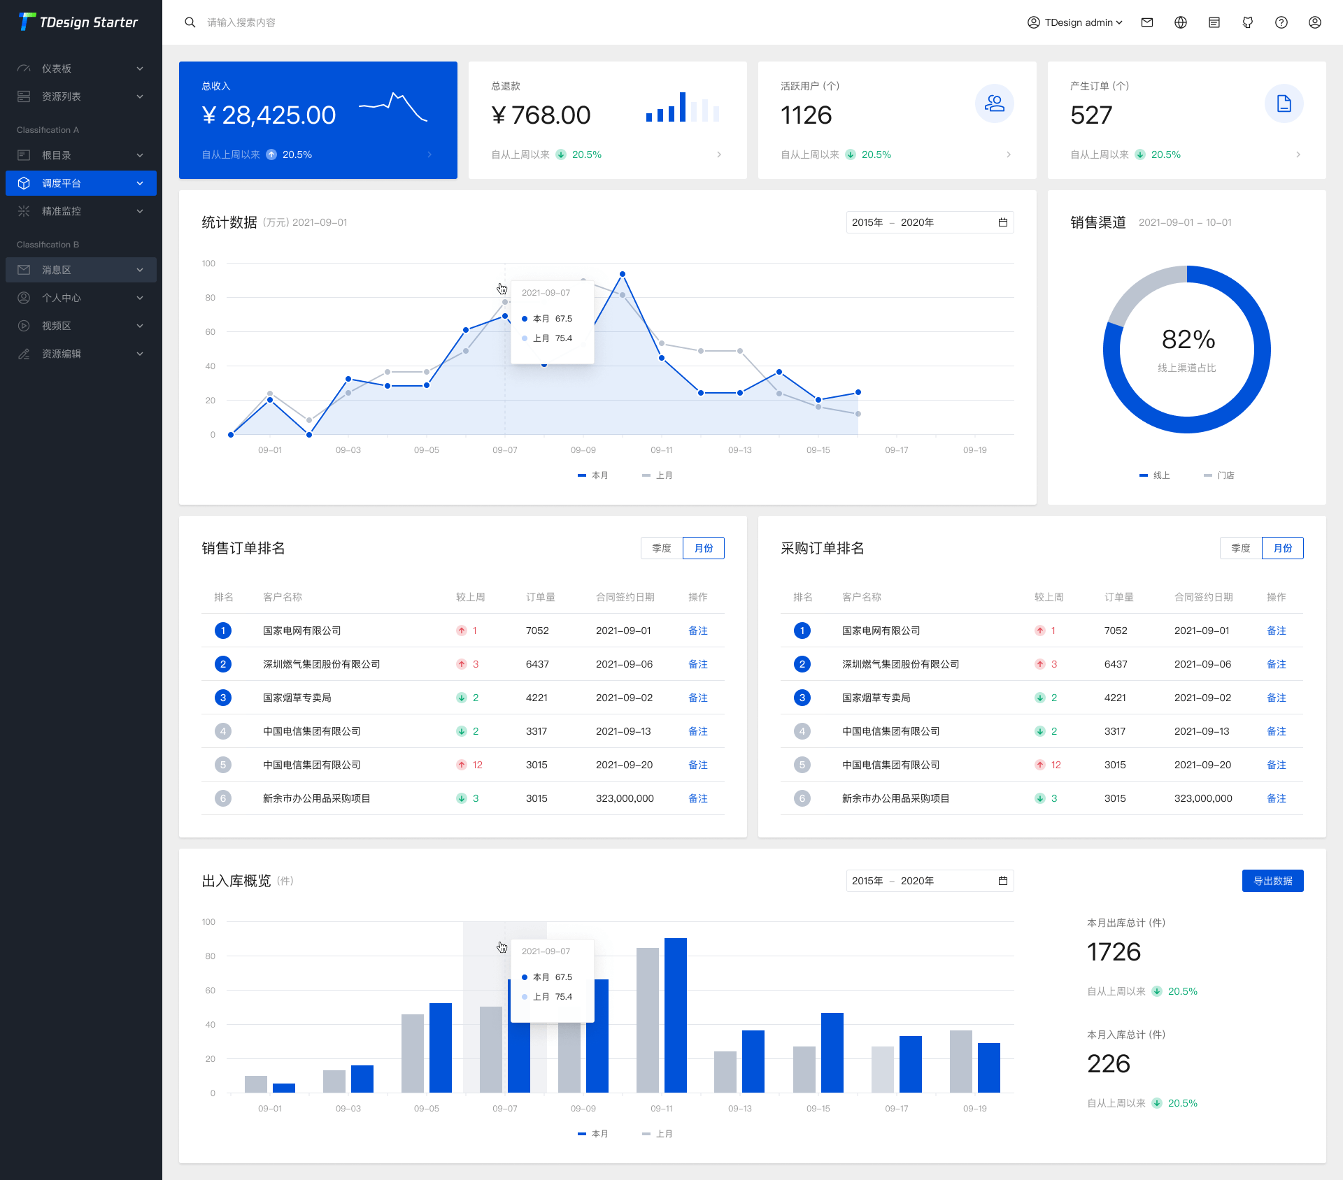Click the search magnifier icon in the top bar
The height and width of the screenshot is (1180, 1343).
click(x=190, y=22)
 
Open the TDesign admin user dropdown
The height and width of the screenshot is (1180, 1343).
click(x=1075, y=22)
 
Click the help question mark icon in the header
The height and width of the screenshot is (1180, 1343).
click(x=1281, y=22)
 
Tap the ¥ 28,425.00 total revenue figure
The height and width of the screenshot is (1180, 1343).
click(x=269, y=115)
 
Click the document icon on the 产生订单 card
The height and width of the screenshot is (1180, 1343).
click(x=1284, y=103)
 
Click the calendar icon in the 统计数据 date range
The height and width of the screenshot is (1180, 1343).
click(x=1002, y=222)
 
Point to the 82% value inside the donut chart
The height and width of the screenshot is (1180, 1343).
click(x=1188, y=340)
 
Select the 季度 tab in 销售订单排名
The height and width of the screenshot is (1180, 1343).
click(x=661, y=548)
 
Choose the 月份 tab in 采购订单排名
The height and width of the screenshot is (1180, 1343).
click(x=1282, y=548)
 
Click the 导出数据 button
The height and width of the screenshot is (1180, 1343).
click(x=1272, y=881)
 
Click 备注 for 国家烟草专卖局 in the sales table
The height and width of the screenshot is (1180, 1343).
click(x=697, y=698)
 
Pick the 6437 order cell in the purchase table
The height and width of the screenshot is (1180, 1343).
click(x=1116, y=664)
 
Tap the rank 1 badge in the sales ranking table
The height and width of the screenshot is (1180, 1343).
click(x=223, y=631)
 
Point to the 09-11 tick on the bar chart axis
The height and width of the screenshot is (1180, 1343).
click(x=661, y=1109)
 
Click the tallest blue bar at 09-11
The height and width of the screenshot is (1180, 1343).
click(x=676, y=1014)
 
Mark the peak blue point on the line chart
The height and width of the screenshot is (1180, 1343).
click(x=623, y=274)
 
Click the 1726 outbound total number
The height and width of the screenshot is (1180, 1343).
click(x=1114, y=952)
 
